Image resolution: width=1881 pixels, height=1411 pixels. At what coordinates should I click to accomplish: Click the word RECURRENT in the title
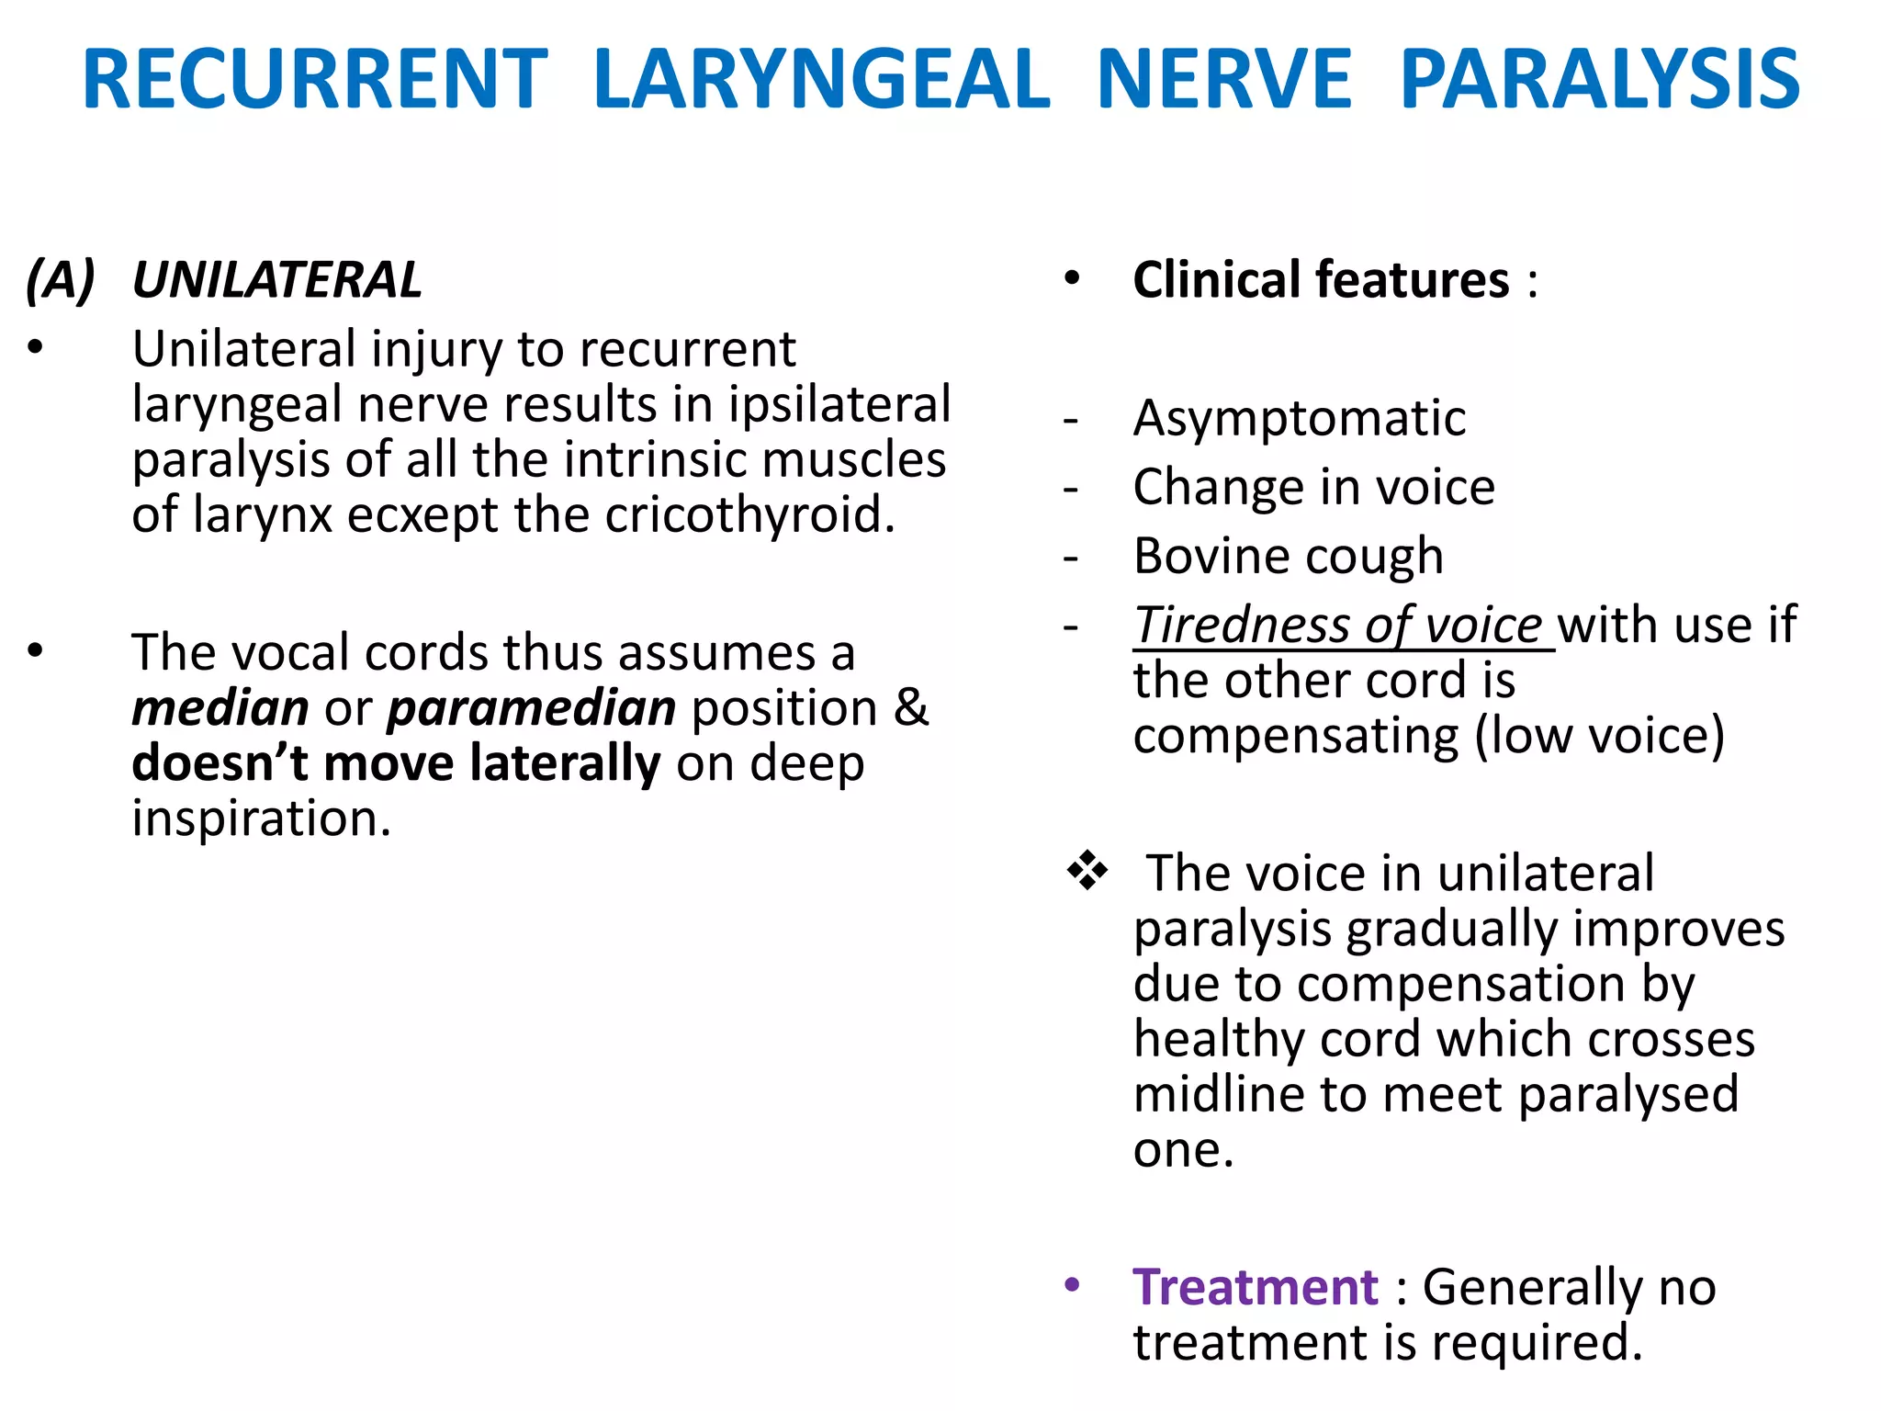click(315, 80)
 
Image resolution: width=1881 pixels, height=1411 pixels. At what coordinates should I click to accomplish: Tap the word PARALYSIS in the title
click(1599, 80)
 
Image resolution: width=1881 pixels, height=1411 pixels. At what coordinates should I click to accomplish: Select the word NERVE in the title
click(1224, 80)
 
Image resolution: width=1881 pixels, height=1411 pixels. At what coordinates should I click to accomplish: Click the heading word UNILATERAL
click(276, 280)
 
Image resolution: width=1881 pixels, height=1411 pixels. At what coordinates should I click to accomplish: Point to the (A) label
click(61, 280)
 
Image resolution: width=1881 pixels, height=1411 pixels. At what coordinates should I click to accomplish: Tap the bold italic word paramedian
click(531, 708)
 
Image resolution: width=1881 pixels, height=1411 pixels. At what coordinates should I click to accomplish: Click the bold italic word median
click(220, 708)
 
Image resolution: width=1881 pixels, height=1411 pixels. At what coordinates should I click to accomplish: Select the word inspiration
click(261, 818)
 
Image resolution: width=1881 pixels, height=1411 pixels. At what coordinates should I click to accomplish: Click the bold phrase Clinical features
click(1320, 280)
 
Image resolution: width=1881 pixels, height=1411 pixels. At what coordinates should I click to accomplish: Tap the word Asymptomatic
click(1299, 419)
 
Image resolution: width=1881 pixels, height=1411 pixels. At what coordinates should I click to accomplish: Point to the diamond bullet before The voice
click(1087, 871)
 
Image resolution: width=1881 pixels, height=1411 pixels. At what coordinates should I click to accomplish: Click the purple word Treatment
click(1255, 1287)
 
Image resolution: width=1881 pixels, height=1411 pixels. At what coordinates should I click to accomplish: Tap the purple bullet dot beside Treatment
click(1072, 1284)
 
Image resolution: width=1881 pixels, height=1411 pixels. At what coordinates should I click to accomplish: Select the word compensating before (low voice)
click(1295, 737)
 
